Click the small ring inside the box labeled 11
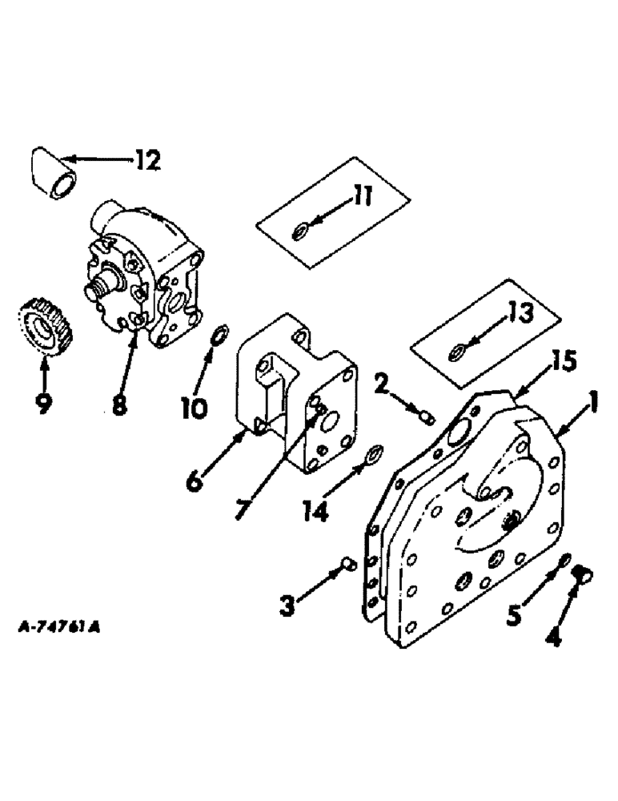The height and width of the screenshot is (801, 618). pyautogui.click(x=299, y=232)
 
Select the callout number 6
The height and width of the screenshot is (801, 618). pyautogui.click(x=196, y=484)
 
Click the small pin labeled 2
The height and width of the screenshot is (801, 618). pyautogui.click(x=427, y=417)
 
